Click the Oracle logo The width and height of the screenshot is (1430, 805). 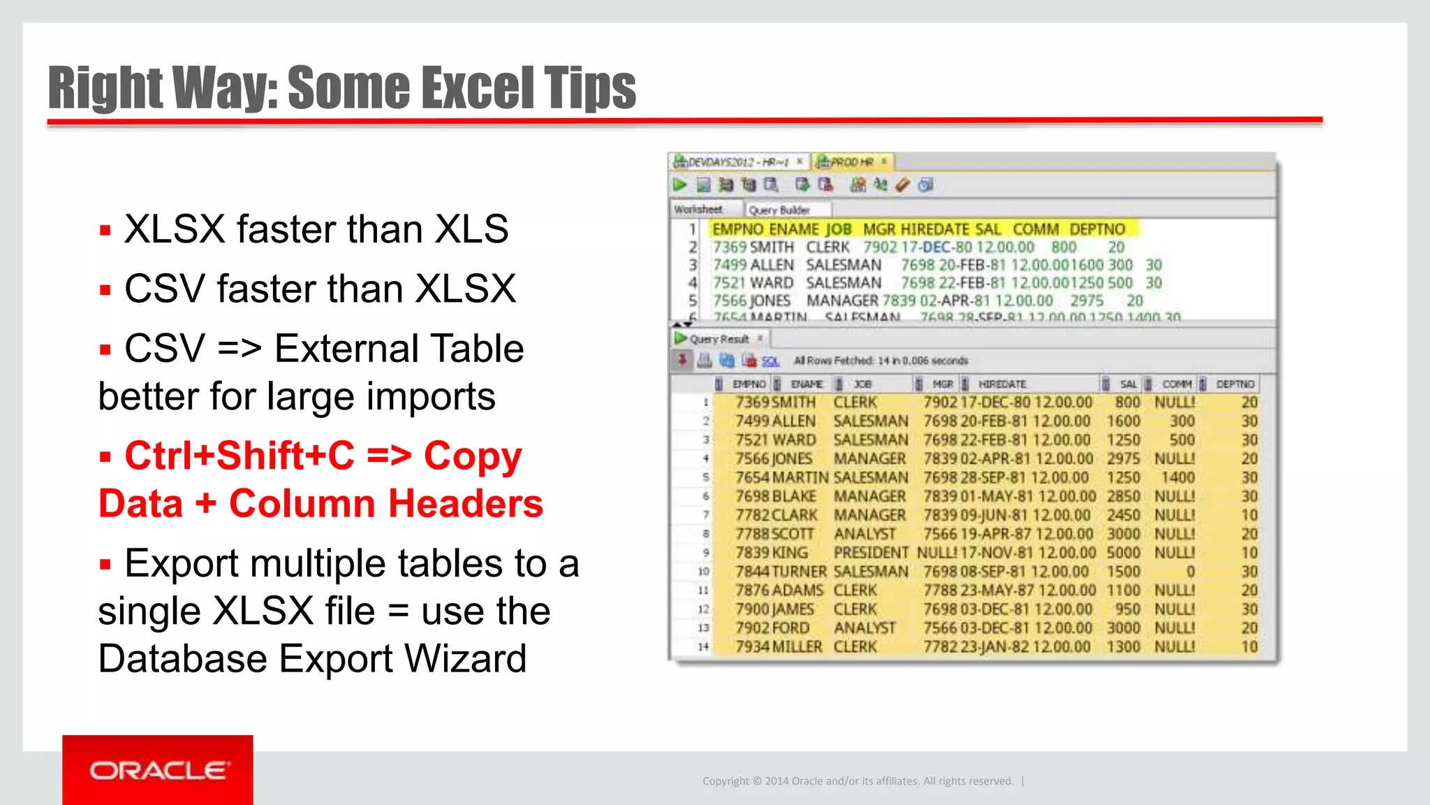pyautogui.click(x=158, y=770)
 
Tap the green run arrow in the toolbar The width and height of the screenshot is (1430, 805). pyautogui.click(x=679, y=184)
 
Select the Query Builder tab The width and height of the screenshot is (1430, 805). pyautogui.click(x=779, y=210)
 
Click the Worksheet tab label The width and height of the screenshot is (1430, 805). pyautogui.click(x=698, y=209)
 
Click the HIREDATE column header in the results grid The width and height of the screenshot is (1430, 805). pyautogui.click(x=1001, y=384)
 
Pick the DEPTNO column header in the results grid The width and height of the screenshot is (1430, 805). pyautogui.click(x=1234, y=384)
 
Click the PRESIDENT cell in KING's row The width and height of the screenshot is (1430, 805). pyautogui.click(x=871, y=553)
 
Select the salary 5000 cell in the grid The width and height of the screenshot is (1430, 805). pyautogui.click(x=1123, y=553)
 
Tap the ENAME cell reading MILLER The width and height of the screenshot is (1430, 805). pyautogui.click(x=797, y=647)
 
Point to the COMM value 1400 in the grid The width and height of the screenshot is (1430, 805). pyautogui.click(x=1177, y=477)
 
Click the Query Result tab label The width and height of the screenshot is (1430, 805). pyautogui.click(x=718, y=339)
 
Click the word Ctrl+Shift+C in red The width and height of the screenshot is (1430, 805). pyautogui.click(x=239, y=456)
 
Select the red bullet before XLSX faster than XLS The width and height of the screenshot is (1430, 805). pyautogui.click(x=105, y=231)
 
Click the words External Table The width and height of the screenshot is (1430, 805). pyautogui.click(x=399, y=349)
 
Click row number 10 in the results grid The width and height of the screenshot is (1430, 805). pyautogui.click(x=703, y=572)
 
